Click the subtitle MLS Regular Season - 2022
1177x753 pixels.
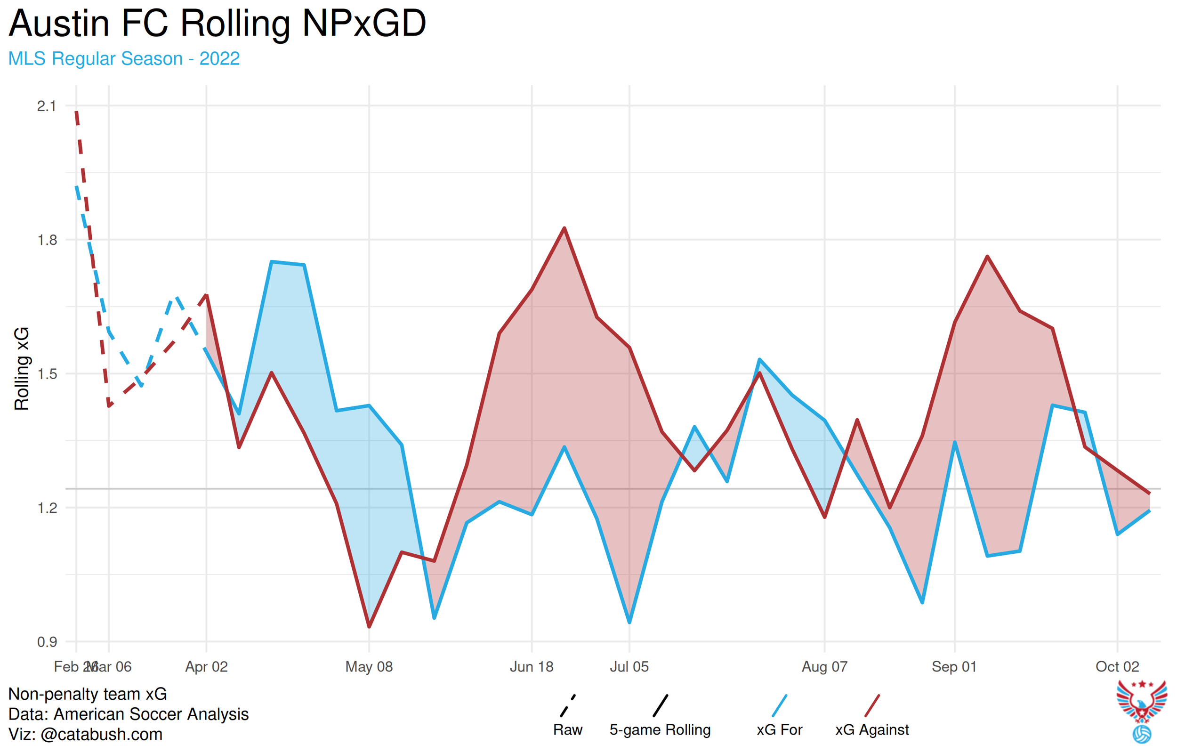(x=124, y=59)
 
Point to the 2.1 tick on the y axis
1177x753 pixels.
(x=47, y=106)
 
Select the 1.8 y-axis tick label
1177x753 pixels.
(x=47, y=240)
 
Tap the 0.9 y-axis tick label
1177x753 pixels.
(x=47, y=642)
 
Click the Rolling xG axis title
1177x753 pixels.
(x=22, y=369)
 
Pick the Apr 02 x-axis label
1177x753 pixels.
(x=206, y=666)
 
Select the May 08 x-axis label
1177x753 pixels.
(x=369, y=666)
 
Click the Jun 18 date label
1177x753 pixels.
(x=532, y=666)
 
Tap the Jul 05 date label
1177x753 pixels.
(x=629, y=666)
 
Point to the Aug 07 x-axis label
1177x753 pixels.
(x=824, y=666)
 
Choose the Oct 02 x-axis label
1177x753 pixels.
(x=1117, y=666)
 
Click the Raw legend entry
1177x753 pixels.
(x=567, y=729)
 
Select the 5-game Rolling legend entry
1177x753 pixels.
(x=660, y=729)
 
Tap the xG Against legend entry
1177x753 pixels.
(x=872, y=729)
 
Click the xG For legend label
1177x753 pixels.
(x=780, y=729)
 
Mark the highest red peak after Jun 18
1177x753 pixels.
(x=564, y=228)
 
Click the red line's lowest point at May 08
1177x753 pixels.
(x=369, y=626)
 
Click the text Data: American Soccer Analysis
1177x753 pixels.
(x=129, y=714)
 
